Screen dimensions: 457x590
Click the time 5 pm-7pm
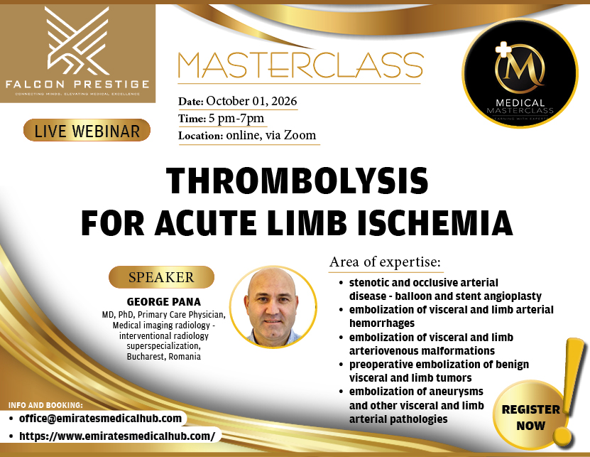tap(236, 118)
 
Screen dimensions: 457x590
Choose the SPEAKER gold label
tap(161, 277)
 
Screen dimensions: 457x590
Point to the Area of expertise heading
tap(386, 262)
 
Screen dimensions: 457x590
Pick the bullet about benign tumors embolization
tap(439, 371)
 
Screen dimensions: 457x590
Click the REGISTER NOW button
tap(530, 417)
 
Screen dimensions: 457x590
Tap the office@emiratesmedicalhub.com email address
tap(100, 419)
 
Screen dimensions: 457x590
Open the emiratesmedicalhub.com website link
tap(117, 435)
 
